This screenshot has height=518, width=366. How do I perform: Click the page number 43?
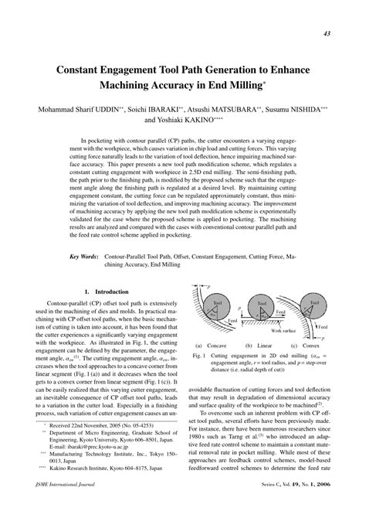(327, 34)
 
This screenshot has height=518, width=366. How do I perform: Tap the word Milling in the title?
(239, 84)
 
